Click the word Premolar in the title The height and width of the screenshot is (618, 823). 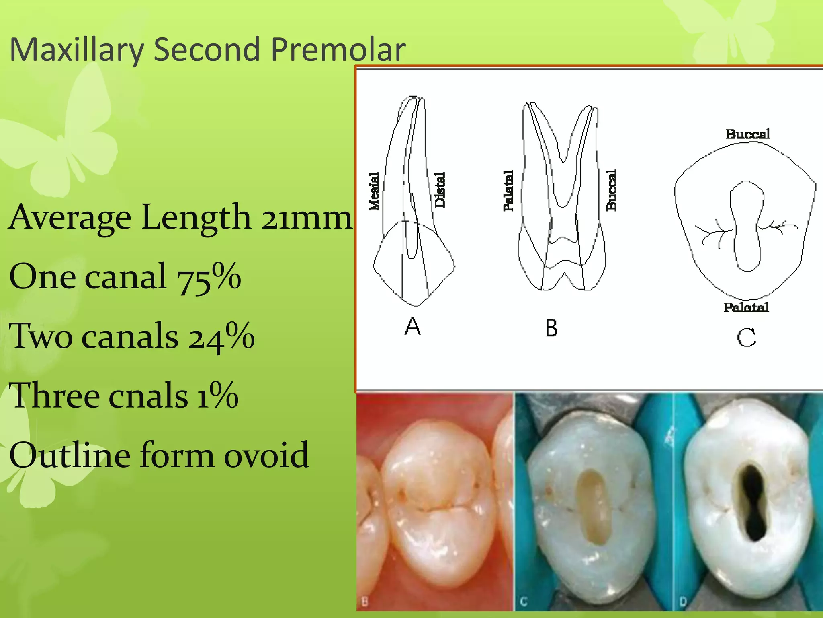coord(338,49)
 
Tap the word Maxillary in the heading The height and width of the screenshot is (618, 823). coord(76,50)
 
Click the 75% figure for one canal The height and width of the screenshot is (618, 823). coord(209,277)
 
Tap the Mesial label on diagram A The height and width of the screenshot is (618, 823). coord(374,191)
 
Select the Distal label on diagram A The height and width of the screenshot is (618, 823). coord(440,190)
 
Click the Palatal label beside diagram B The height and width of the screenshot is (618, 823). coord(508,191)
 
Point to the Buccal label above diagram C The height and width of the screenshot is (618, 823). coord(747,134)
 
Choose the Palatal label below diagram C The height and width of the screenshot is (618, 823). coord(746,308)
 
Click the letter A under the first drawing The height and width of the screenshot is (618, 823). coord(413,326)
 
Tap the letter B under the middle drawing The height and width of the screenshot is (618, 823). coord(551,328)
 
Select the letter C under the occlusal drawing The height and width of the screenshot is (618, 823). coord(746,337)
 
